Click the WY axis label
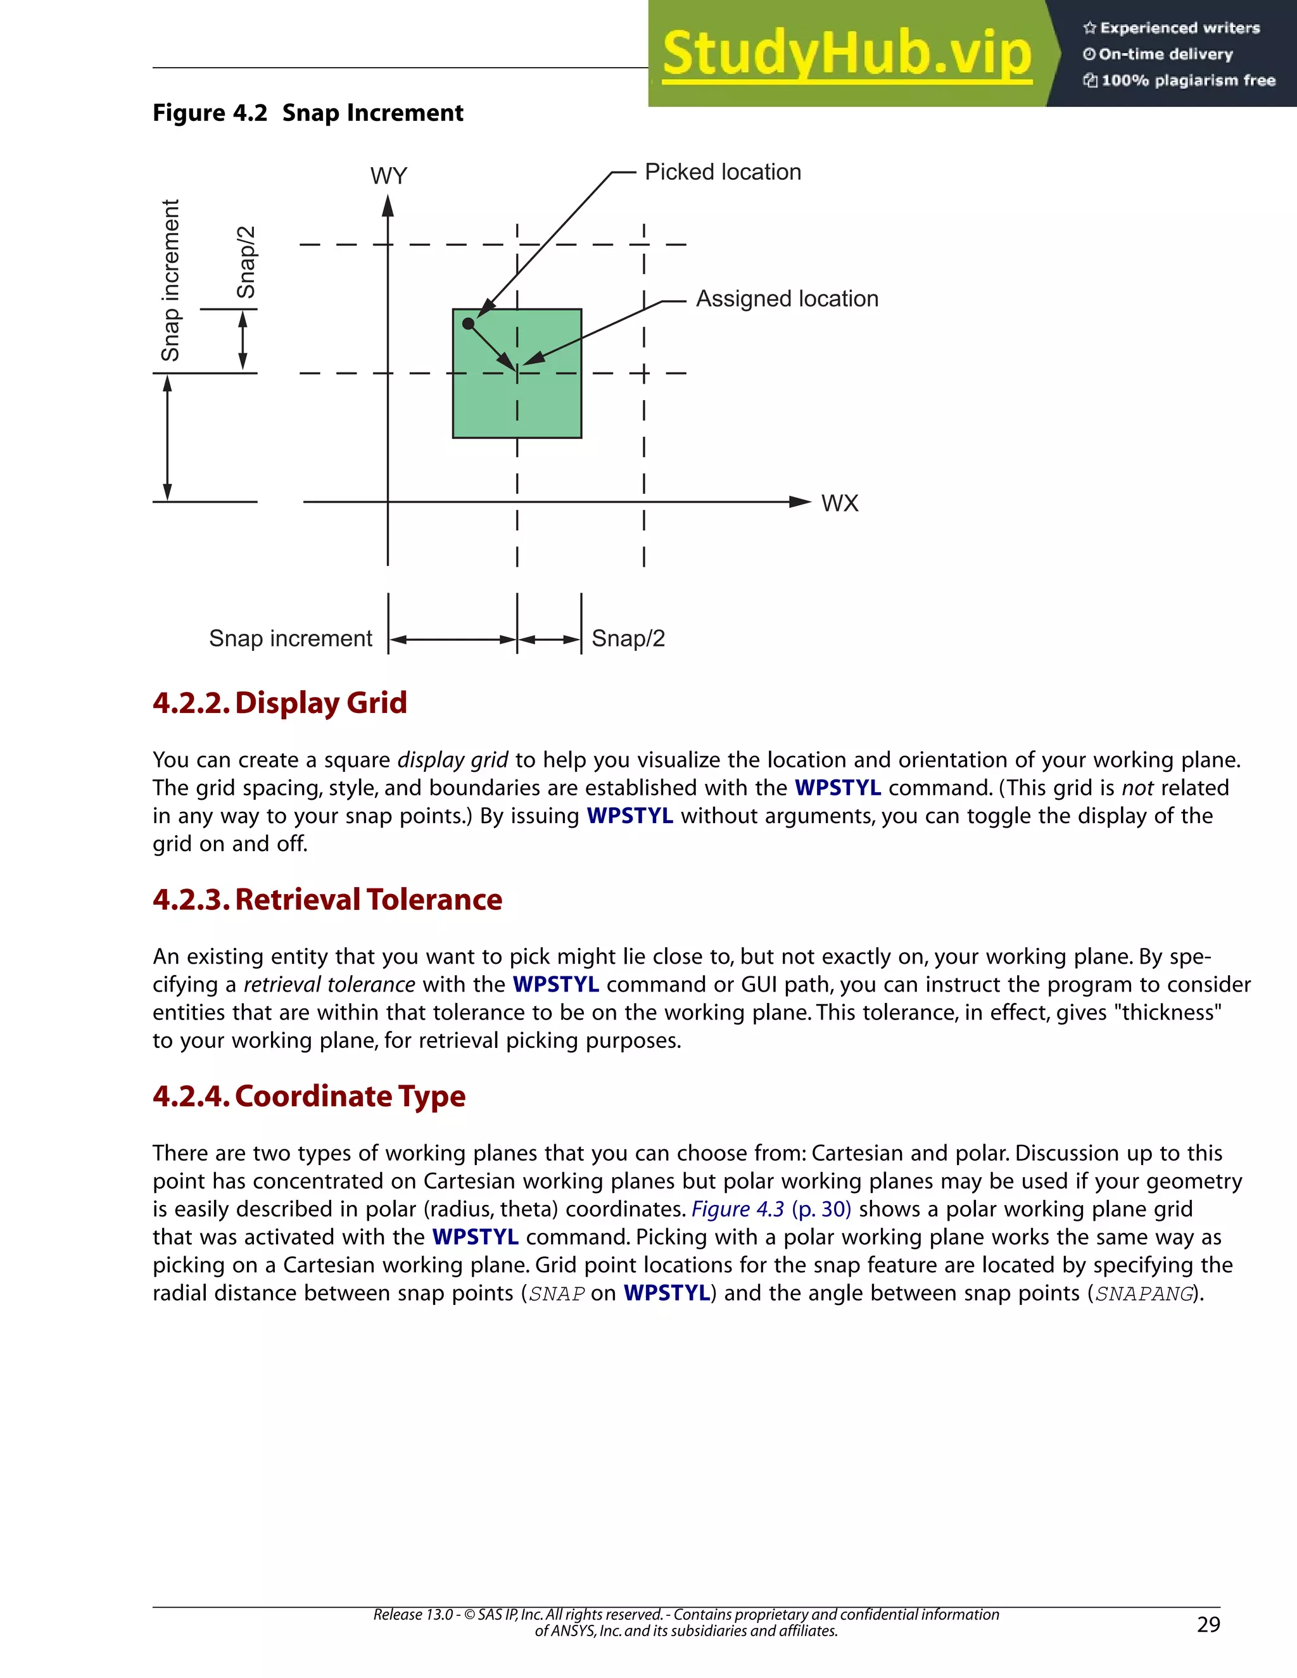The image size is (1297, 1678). point(388,176)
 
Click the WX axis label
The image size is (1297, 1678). point(839,503)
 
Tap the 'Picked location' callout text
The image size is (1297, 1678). point(722,172)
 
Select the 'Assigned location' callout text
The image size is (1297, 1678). point(787,299)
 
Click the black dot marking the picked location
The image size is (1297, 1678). point(468,324)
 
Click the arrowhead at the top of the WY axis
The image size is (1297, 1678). point(388,206)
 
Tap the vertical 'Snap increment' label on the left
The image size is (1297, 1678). point(170,281)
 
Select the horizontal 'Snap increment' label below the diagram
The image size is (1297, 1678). point(291,638)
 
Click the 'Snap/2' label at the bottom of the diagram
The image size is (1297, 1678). point(628,638)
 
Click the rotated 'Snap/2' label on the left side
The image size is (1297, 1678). point(246,262)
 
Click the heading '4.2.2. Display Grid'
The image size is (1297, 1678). point(280,702)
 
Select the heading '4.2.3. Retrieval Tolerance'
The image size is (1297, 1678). point(327,899)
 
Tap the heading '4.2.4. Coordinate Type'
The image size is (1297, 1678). point(309,1095)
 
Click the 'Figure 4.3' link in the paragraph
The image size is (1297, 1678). point(738,1209)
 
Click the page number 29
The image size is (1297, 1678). point(1208,1624)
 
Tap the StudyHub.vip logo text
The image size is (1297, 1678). point(846,54)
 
